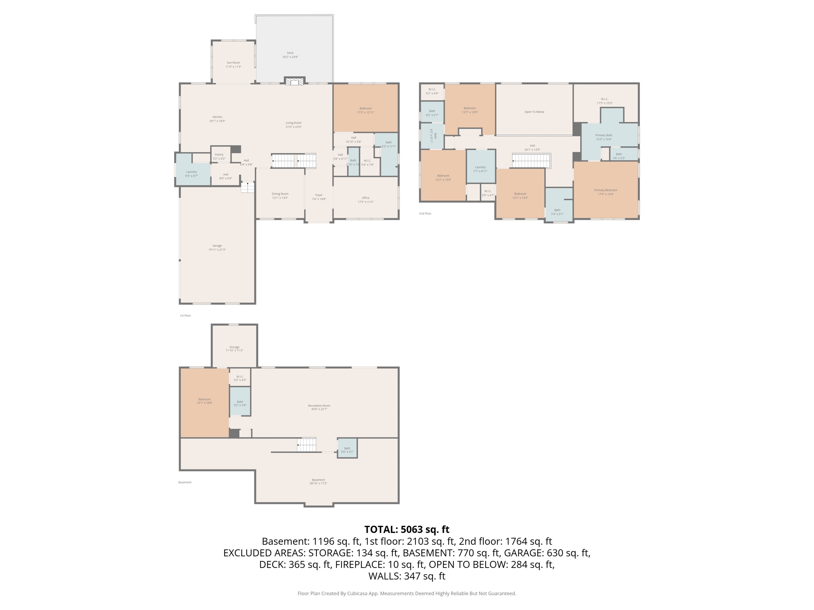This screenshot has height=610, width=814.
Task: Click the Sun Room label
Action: (x=233, y=64)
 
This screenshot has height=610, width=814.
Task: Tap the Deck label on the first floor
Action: (x=290, y=55)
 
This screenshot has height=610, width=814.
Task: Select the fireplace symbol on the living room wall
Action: (x=295, y=81)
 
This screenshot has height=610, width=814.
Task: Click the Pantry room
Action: (x=219, y=156)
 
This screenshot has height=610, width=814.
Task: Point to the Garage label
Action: (x=217, y=247)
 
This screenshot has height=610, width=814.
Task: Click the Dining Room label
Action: (x=280, y=196)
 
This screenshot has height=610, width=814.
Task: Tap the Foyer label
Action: (x=319, y=197)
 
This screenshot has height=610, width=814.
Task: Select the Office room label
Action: (x=366, y=200)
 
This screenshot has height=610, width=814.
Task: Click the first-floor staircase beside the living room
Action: (x=294, y=161)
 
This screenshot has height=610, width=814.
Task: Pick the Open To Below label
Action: (x=534, y=112)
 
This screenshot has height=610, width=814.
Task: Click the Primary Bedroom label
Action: (x=605, y=192)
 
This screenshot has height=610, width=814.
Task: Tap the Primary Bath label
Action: (x=603, y=137)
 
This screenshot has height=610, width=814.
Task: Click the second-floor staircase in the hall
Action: (x=531, y=161)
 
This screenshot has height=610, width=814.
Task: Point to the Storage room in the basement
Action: (x=234, y=348)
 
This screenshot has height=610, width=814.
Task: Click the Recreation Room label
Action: (x=319, y=407)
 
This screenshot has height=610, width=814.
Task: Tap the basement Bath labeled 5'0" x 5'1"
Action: (x=347, y=450)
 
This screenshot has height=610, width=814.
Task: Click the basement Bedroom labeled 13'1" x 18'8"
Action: (x=204, y=401)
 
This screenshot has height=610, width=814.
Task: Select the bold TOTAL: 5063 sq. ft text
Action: (x=407, y=529)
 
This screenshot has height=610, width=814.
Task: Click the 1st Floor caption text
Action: (x=185, y=316)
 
